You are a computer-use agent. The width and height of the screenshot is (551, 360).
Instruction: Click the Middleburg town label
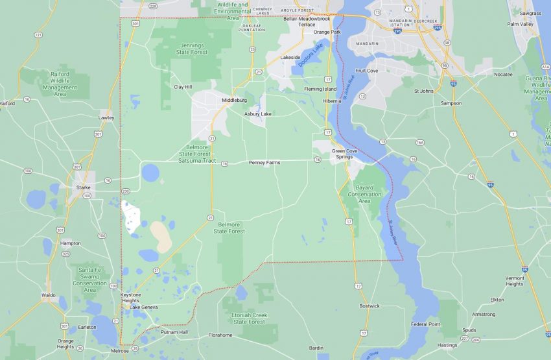pos(234,101)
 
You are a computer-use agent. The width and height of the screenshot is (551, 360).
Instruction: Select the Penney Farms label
pos(264,162)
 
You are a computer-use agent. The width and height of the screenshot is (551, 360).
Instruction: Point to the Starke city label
pos(83,187)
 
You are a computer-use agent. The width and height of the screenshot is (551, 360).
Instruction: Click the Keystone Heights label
pos(130,298)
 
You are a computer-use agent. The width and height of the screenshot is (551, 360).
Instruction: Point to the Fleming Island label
pos(320,89)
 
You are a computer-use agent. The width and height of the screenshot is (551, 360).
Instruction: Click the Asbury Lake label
pos(257,114)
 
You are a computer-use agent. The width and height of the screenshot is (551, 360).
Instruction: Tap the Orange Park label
pos(327,32)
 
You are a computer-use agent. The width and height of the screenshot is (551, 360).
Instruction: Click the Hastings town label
pos(447,345)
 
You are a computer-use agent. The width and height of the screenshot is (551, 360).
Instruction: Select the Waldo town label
pos(48,295)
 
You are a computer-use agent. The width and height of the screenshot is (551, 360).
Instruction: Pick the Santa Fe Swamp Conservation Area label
pos(89,276)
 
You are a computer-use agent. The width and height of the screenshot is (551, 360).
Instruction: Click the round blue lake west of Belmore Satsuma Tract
pos(150,173)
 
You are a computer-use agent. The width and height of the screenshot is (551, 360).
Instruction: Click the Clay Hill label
pos(183,86)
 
